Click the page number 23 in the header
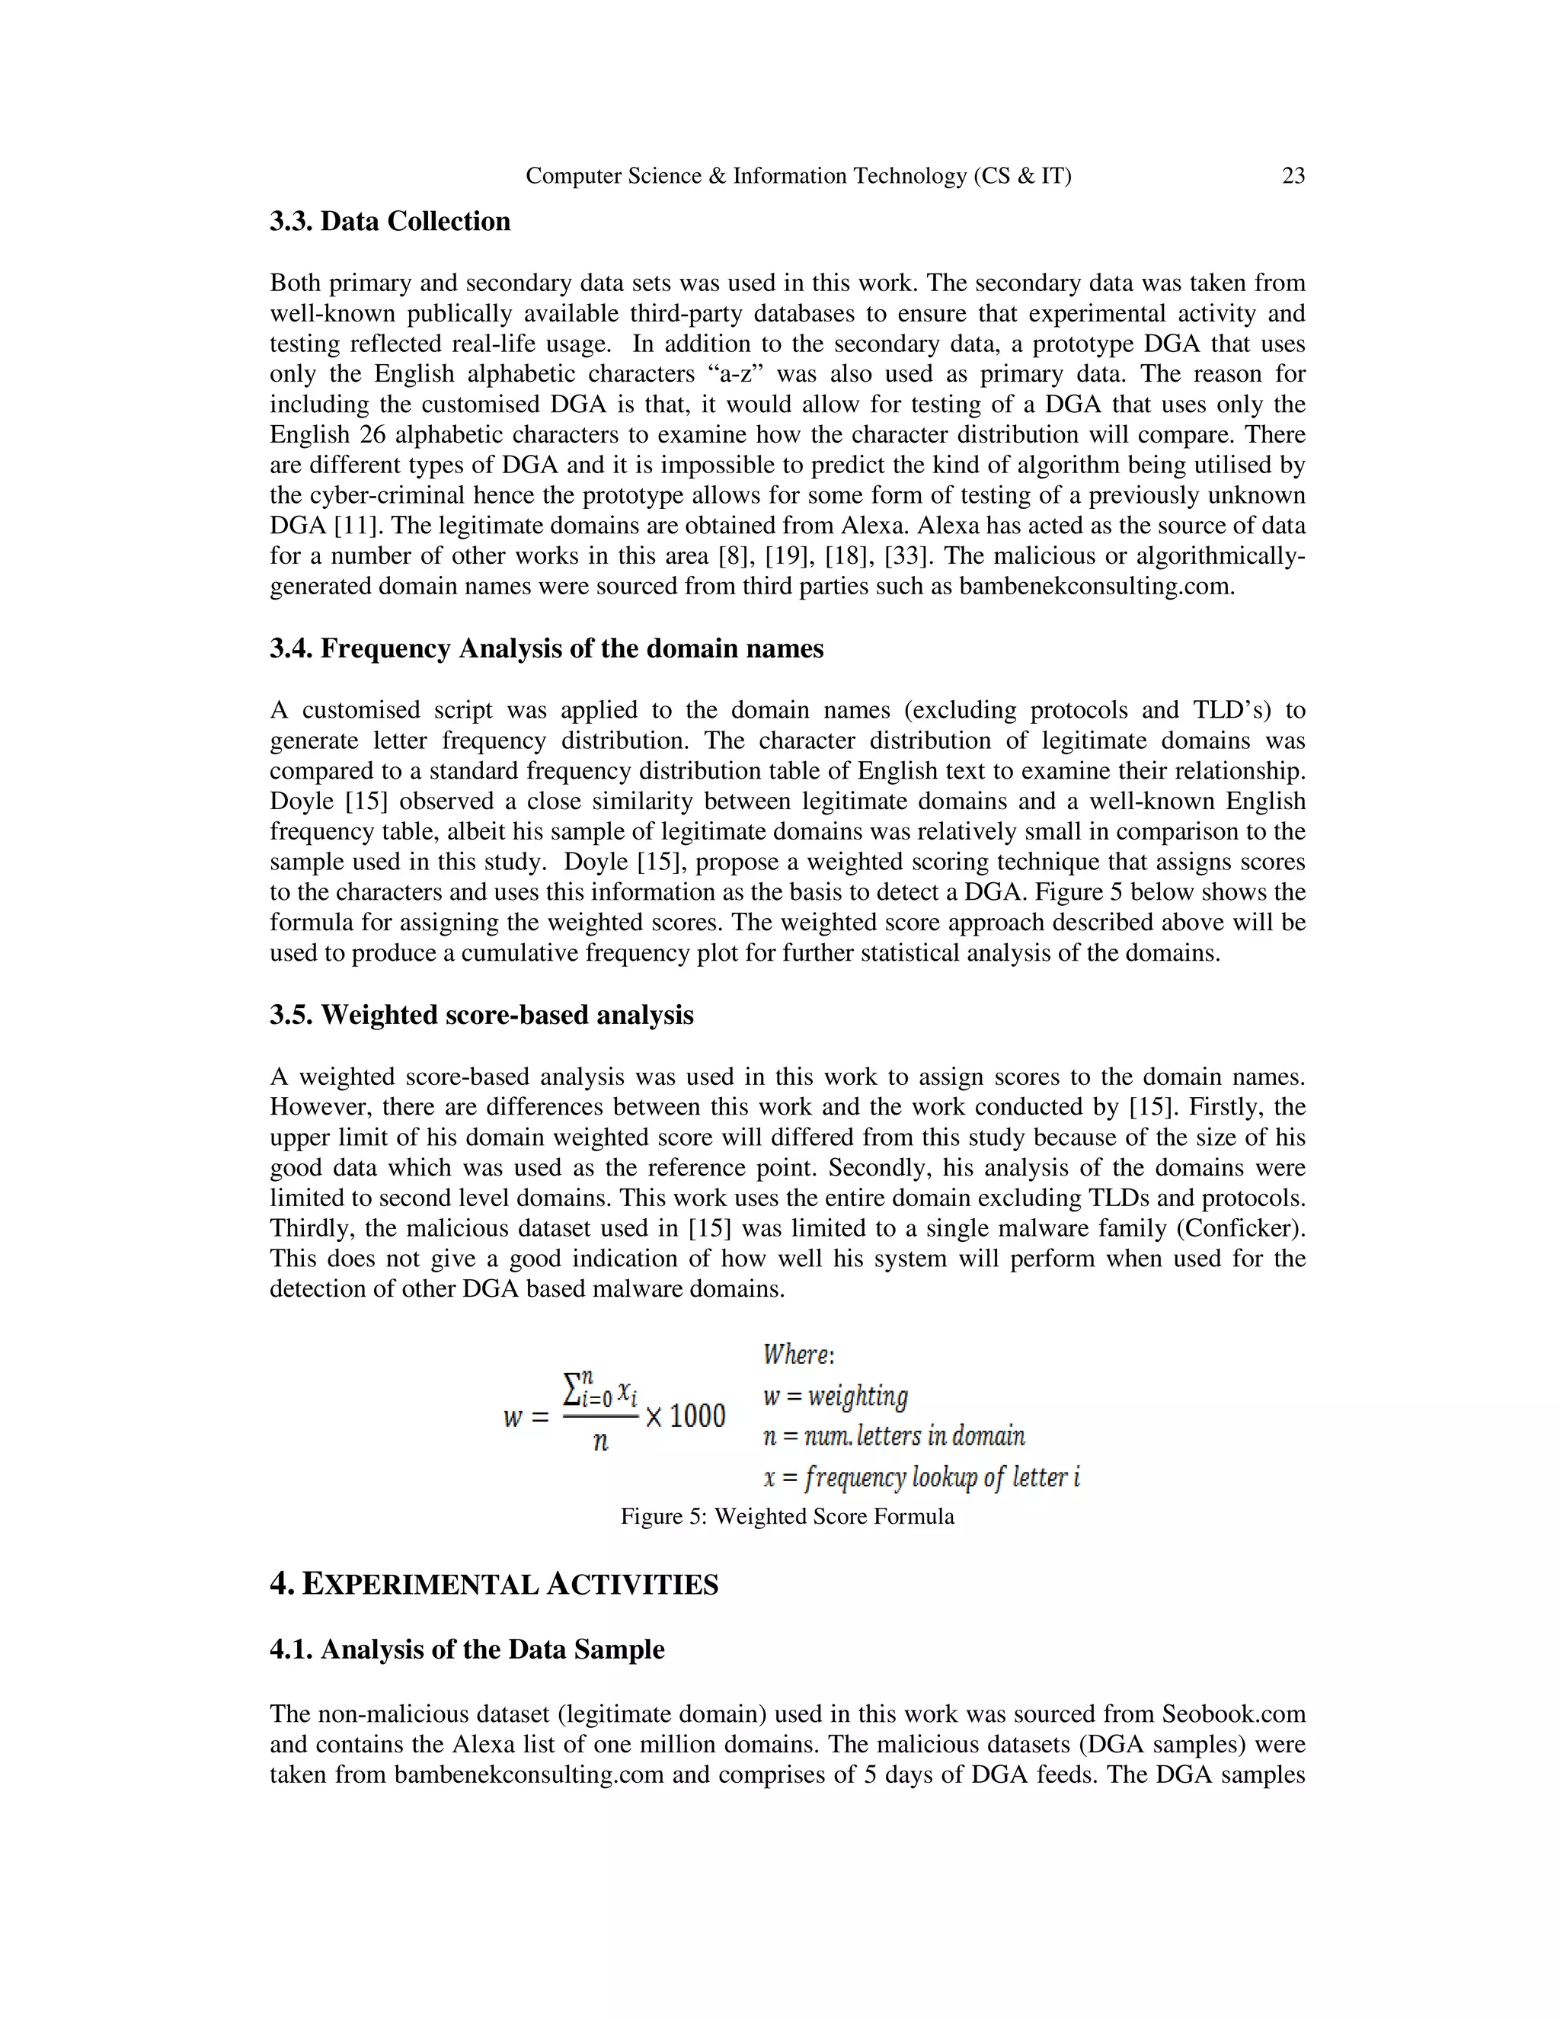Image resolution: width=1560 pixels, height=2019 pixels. [x=1293, y=176]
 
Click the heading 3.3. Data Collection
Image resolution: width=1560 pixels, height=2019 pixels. [x=390, y=222]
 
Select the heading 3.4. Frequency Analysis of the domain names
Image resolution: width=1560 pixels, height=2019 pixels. [x=546, y=649]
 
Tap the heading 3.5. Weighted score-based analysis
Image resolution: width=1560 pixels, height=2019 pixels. [x=481, y=1015]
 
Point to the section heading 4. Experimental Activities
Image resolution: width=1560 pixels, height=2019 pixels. [x=494, y=1585]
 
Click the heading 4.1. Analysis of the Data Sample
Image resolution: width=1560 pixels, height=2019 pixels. [x=467, y=1649]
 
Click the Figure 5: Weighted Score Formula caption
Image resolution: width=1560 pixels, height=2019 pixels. [x=786, y=1517]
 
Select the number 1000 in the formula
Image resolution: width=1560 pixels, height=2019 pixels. [x=697, y=1416]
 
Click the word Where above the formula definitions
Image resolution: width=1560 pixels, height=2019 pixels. [x=797, y=1355]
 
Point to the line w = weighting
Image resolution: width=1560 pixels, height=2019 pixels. [x=836, y=1396]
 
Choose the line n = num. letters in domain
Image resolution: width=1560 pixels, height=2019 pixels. [x=893, y=1437]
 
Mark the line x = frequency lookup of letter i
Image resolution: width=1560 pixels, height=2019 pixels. [x=922, y=1477]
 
